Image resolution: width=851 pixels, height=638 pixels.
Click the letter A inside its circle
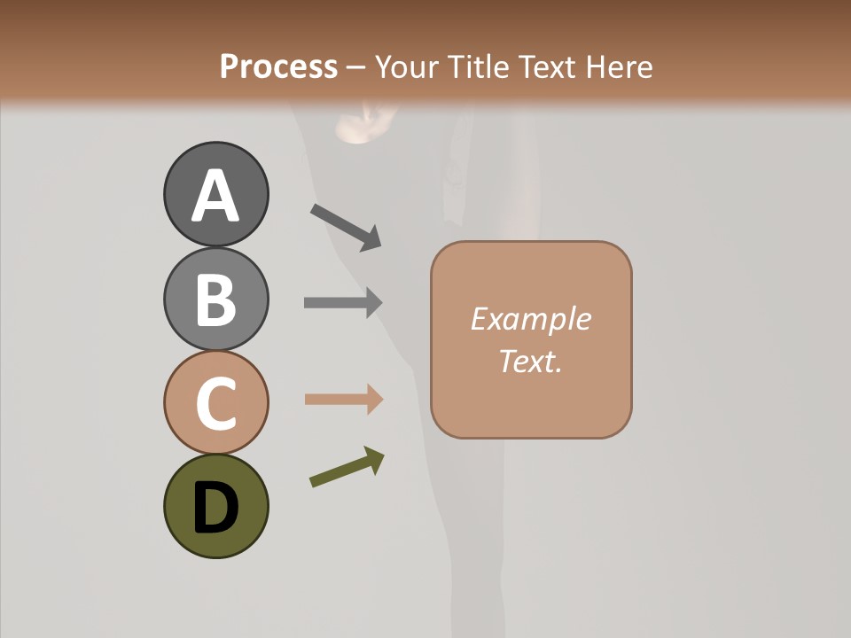(215, 196)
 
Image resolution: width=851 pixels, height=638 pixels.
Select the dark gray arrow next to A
(346, 227)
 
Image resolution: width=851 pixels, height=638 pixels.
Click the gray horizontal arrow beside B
(343, 302)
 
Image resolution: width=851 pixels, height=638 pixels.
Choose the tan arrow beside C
(343, 399)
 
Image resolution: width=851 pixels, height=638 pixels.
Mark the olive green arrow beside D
(347, 467)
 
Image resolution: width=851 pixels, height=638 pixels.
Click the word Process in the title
(278, 67)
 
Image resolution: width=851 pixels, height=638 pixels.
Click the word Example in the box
(530, 319)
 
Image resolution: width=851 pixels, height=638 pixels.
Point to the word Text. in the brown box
(530, 361)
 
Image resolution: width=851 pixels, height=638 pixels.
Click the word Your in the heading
(408, 67)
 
